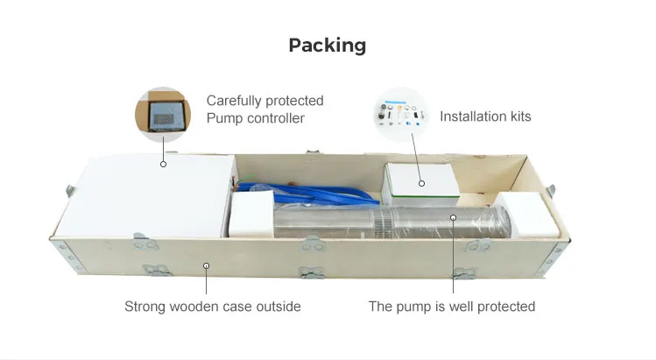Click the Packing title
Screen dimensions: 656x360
327,45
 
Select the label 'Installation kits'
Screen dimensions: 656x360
484,116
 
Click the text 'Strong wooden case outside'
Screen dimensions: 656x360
212,307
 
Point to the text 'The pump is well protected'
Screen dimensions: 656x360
451,307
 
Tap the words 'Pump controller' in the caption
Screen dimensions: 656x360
255,118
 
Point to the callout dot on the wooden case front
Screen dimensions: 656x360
207,264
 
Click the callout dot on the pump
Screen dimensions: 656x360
454,216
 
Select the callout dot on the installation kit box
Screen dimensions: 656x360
421,184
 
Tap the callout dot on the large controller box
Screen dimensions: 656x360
162,163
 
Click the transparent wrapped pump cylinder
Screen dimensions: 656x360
385,223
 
